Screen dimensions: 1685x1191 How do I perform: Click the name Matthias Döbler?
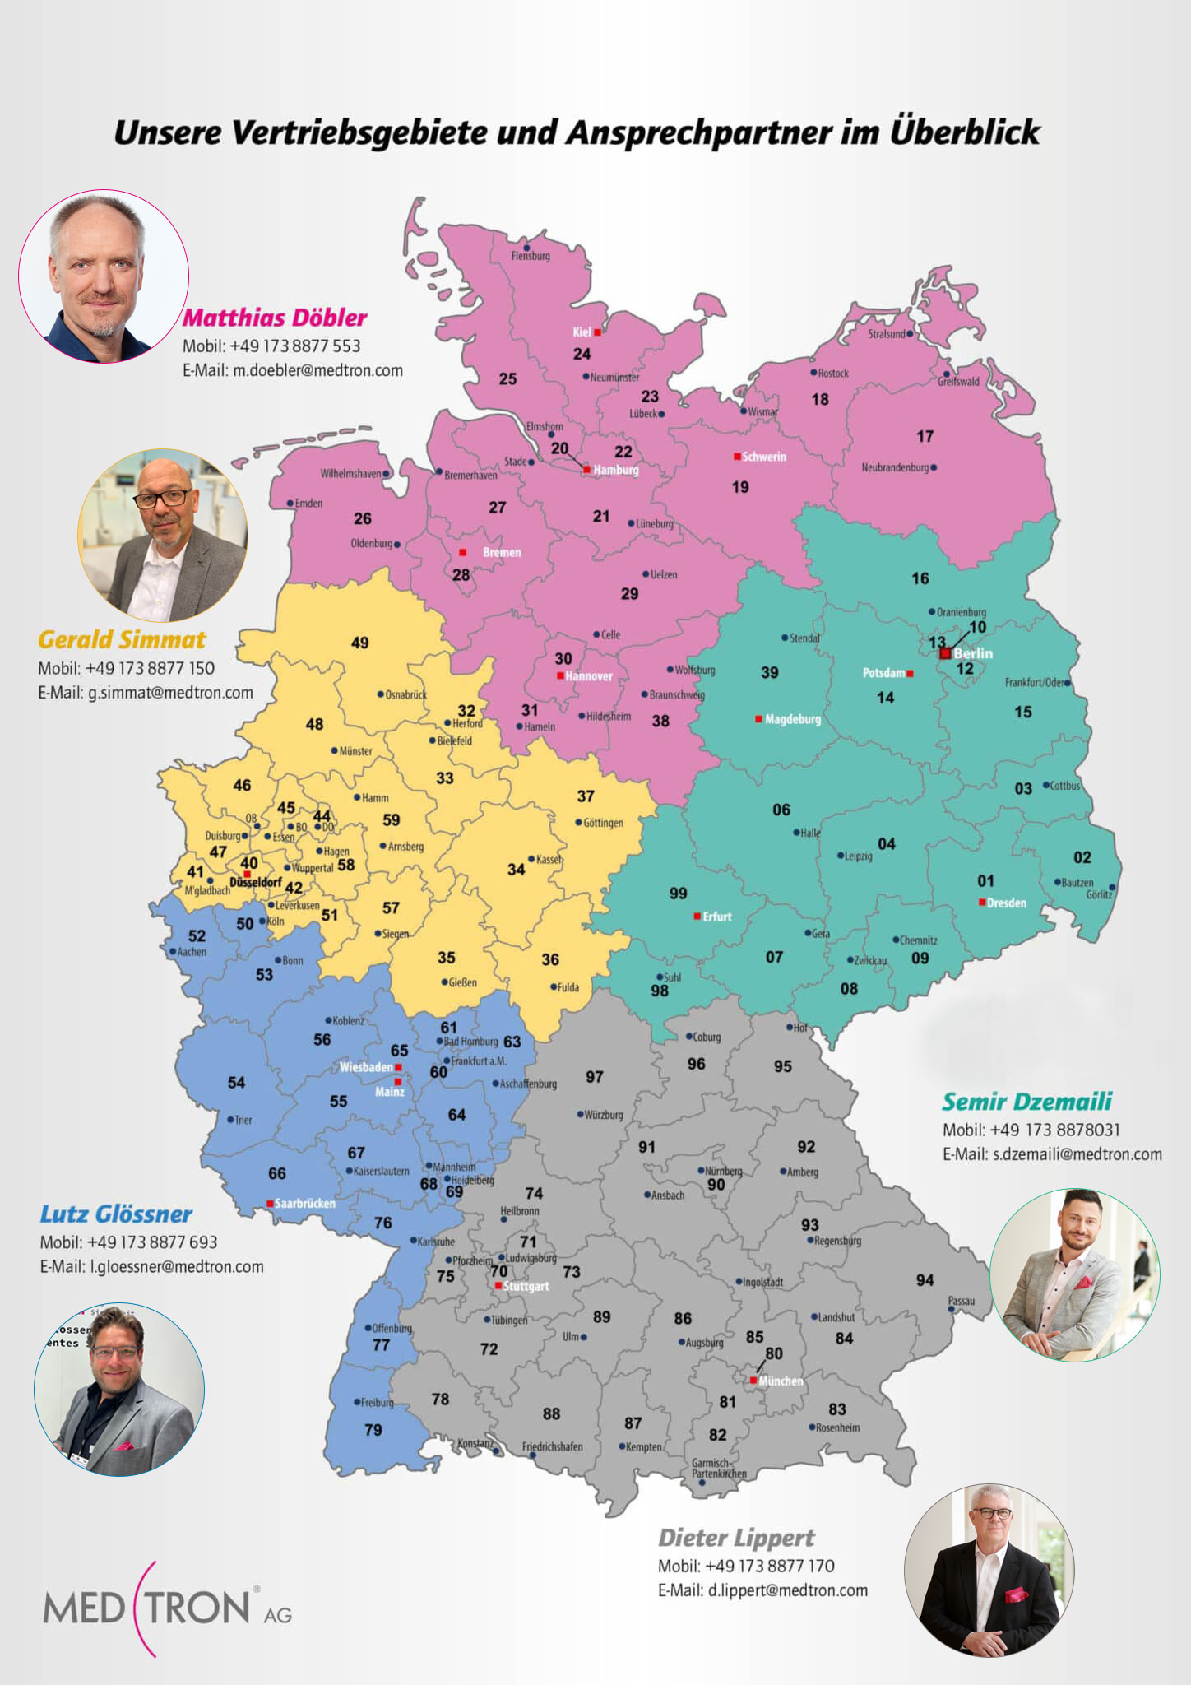(275, 318)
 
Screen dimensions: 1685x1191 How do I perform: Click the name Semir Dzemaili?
(1026, 1102)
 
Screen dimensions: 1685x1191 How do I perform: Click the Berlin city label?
(973, 653)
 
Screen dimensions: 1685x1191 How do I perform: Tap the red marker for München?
(753, 1380)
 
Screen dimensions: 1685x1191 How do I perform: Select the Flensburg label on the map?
(531, 256)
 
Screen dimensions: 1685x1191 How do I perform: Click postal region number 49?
(360, 643)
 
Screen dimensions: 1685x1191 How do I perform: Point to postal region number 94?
(925, 1280)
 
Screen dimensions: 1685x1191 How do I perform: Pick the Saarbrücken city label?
(304, 1203)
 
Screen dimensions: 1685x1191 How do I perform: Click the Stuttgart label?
(526, 1286)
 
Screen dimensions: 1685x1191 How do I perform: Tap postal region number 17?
(925, 436)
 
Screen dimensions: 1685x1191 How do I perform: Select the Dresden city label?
(1007, 903)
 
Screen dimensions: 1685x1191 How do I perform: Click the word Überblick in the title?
(965, 132)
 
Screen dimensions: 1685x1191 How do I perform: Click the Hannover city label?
(589, 676)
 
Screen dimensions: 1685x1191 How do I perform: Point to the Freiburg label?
(378, 1403)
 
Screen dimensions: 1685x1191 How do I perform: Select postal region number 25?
(507, 379)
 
